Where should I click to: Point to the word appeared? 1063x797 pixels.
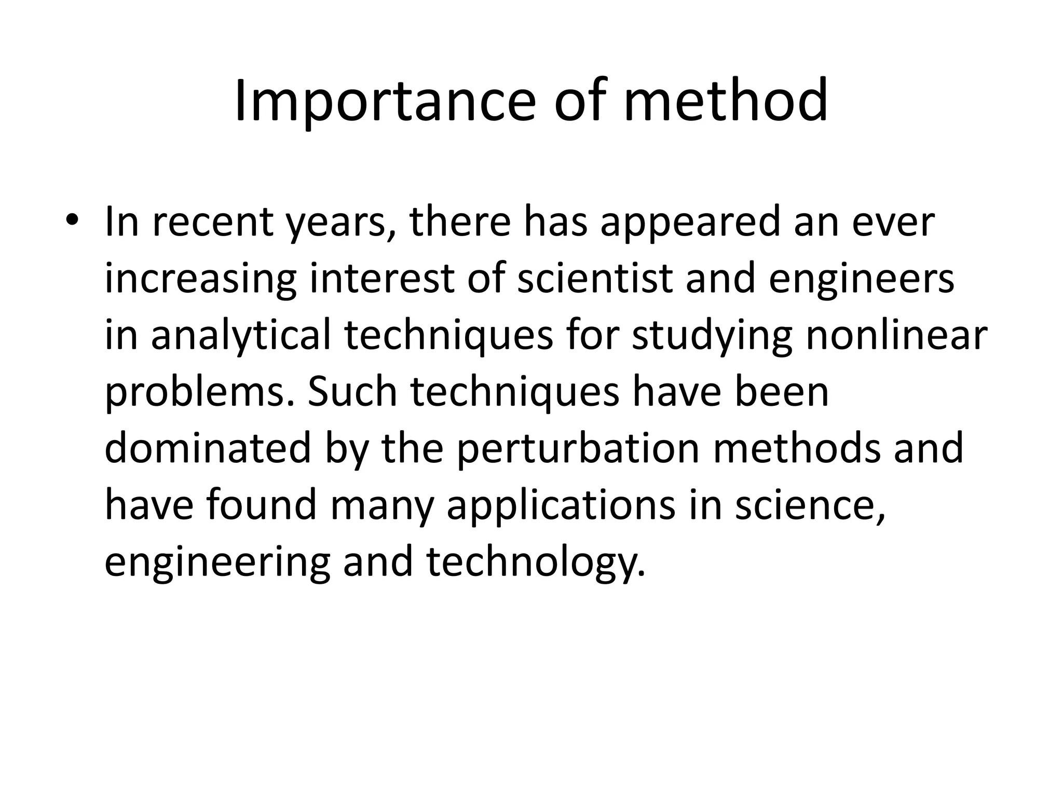click(x=690, y=222)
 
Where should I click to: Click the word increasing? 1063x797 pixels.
click(x=200, y=279)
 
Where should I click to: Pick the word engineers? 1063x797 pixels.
click(x=861, y=279)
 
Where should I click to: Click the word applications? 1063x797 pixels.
click(x=561, y=505)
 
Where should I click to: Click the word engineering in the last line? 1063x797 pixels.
click(x=217, y=562)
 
